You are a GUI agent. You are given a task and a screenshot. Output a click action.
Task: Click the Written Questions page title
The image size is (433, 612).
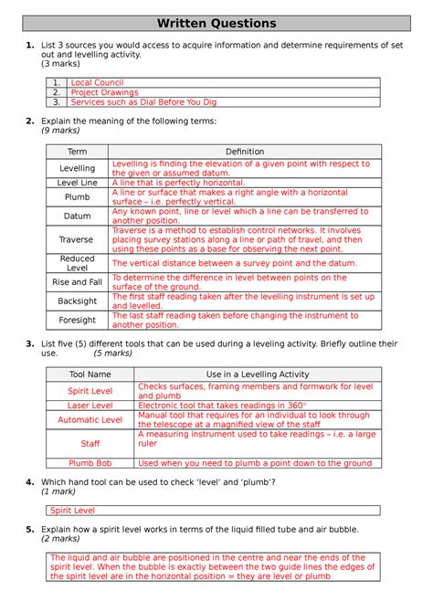pyautogui.click(x=216, y=22)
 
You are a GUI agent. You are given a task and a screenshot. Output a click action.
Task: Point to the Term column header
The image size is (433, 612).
pyautogui.click(x=78, y=152)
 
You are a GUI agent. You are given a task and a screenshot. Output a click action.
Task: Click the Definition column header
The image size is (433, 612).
pyautogui.click(x=244, y=152)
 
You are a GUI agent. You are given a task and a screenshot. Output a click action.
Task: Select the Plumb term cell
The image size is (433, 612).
pyautogui.click(x=78, y=196)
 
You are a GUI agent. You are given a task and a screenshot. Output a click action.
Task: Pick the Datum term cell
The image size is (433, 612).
pyautogui.click(x=78, y=216)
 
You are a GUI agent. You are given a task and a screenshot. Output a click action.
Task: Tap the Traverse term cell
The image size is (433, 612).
pyautogui.click(x=78, y=240)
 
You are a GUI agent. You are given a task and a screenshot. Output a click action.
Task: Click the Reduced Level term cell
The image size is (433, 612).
pyautogui.click(x=78, y=263)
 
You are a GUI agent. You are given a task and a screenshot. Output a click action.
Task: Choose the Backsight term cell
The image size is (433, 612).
pyautogui.click(x=78, y=301)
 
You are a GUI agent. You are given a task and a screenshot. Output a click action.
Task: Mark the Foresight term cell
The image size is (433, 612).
pyautogui.click(x=78, y=320)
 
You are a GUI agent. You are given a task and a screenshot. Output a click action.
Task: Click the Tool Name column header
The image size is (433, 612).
pyautogui.click(x=90, y=375)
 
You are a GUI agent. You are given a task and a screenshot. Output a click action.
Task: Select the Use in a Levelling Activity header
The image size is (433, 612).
pyautogui.click(x=256, y=375)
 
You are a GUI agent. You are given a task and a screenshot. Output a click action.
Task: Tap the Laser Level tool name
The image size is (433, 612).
pyautogui.click(x=90, y=405)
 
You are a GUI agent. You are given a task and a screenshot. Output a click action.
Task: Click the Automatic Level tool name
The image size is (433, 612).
pyautogui.click(x=90, y=419)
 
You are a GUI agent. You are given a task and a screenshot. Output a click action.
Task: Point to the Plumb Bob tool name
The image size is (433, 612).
pyautogui.click(x=90, y=463)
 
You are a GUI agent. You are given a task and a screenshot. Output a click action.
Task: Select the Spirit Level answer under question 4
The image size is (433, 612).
pyautogui.click(x=72, y=511)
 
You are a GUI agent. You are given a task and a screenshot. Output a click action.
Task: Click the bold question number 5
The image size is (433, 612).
pyautogui.click(x=30, y=529)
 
